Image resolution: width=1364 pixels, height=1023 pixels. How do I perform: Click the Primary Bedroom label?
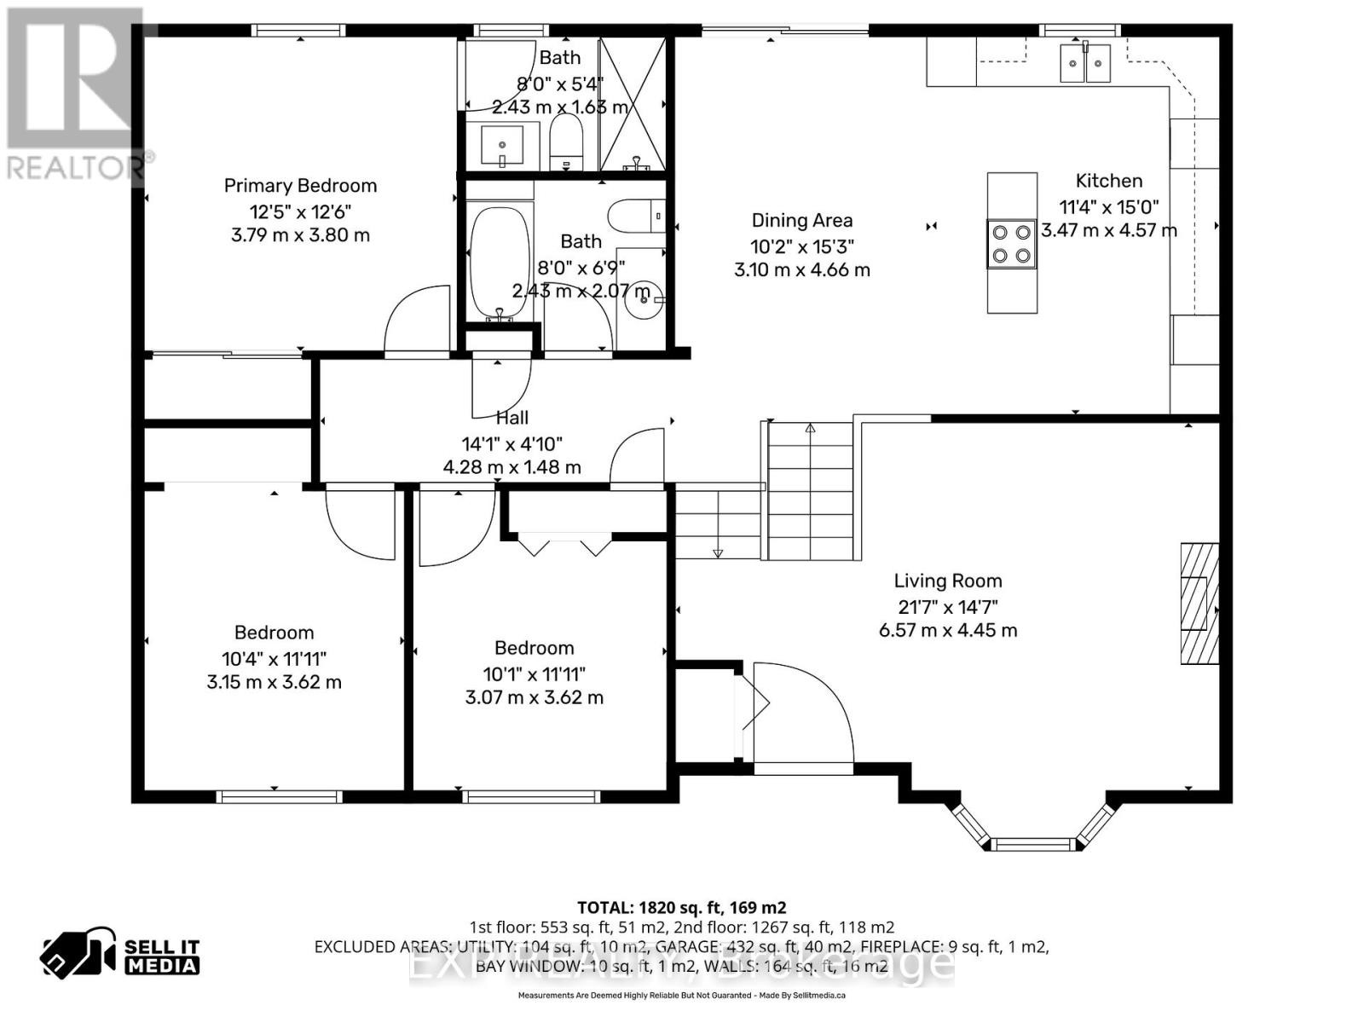(x=300, y=186)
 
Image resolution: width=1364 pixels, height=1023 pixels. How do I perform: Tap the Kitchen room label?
(x=1108, y=181)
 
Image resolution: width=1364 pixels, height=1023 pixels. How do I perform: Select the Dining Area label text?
(x=801, y=221)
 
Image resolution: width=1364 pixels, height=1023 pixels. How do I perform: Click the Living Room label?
(x=947, y=581)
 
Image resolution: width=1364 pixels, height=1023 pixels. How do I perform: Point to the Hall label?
(x=511, y=418)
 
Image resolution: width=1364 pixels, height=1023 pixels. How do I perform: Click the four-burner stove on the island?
(x=1012, y=244)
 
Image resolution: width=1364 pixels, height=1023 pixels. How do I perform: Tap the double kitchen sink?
(x=1084, y=63)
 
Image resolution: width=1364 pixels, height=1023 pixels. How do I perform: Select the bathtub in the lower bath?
(x=500, y=263)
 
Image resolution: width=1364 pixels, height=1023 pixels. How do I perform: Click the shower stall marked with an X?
(x=632, y=104)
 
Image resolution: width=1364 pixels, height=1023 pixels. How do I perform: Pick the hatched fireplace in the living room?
(x=1199, y=603)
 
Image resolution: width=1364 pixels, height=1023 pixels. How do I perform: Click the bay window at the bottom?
(x=1032, y=831)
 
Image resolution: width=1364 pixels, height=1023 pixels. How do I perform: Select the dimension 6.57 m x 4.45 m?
(x=947, y=631)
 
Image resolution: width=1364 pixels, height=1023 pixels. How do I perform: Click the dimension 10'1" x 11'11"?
(x=534, y=673)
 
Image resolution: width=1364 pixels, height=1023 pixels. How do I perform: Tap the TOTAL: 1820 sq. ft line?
(x=681, y=907)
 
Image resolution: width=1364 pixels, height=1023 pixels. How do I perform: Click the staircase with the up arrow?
(x=810, y=490)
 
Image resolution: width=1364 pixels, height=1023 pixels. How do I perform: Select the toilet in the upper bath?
(x=565, y=142)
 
